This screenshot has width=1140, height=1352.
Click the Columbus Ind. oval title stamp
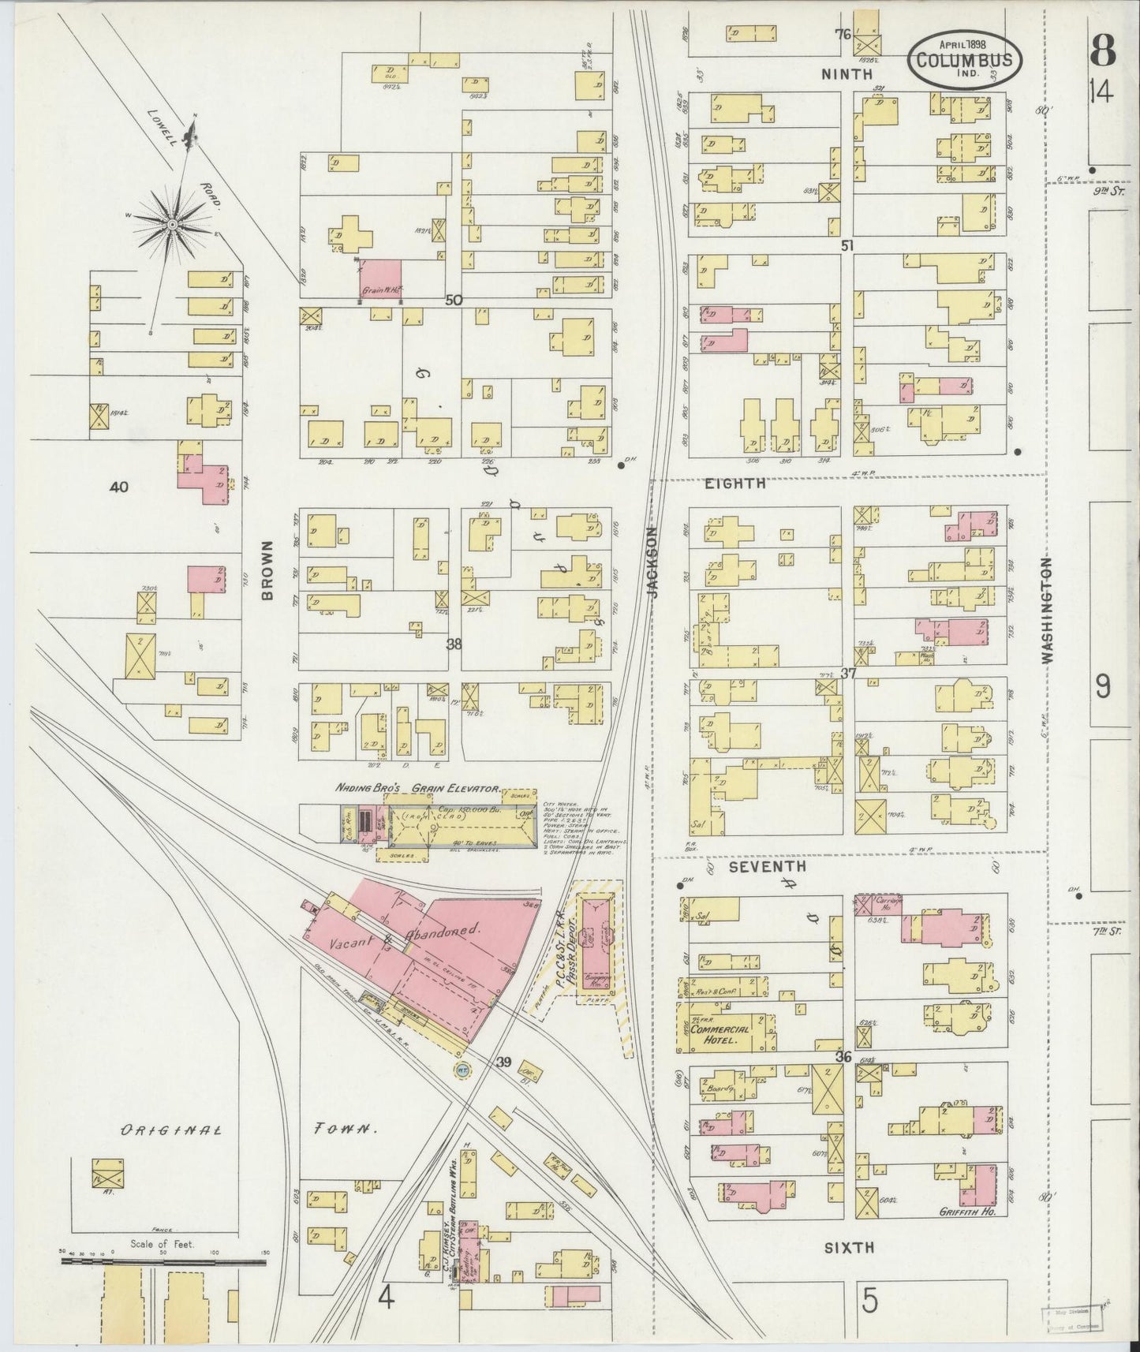966,58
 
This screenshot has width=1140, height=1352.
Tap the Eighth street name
735,484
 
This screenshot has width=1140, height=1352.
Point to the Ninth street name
847,74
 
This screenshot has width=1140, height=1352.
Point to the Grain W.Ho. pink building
382,280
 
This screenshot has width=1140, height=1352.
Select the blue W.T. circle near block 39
462,1071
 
